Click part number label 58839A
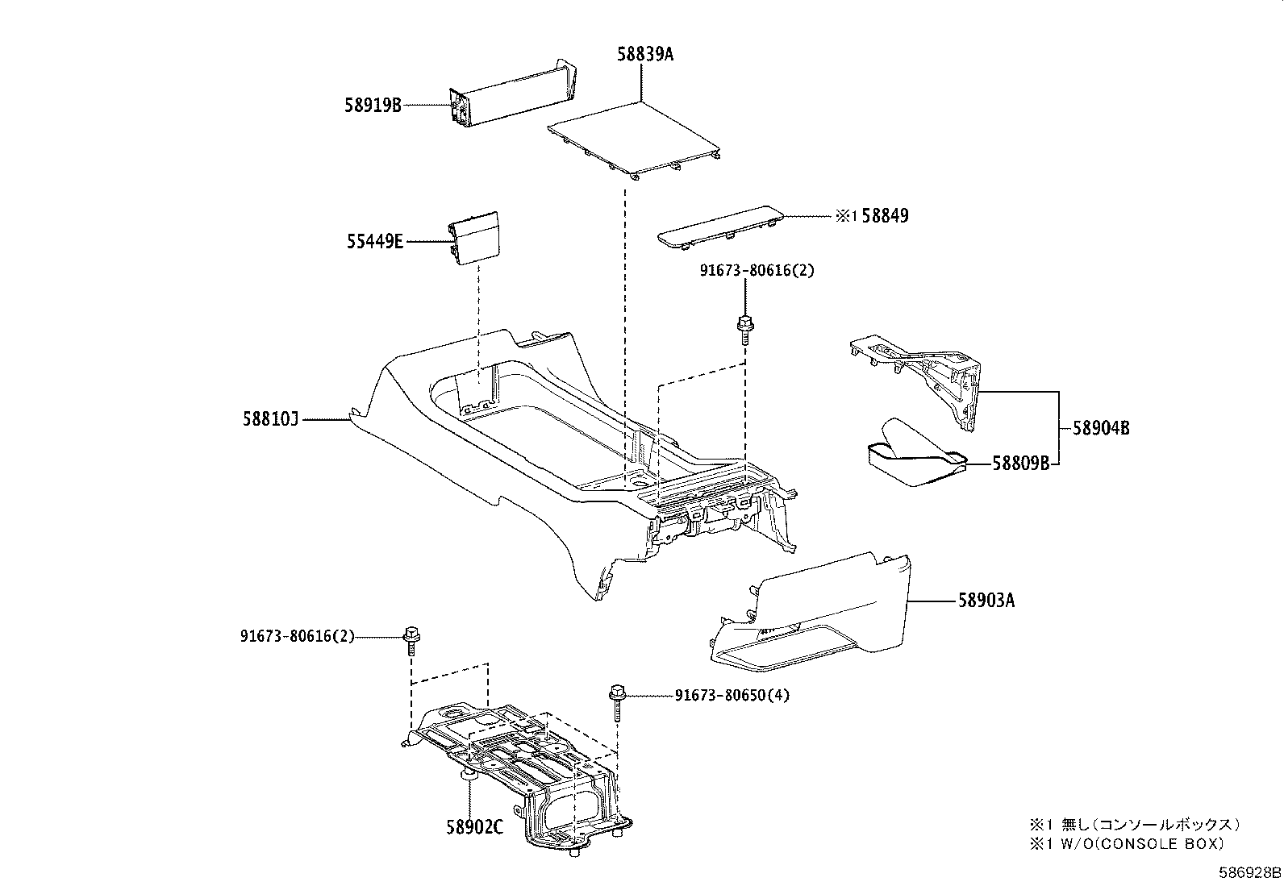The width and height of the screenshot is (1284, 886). click(x=644, y=55)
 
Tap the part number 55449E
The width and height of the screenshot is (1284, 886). click(x=375, y=240)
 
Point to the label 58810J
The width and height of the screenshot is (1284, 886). click(x=270, y=418)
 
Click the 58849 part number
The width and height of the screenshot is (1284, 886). click(x=885, y=216)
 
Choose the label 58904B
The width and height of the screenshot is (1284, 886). click(x=1101, y=429)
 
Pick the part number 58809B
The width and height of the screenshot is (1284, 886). click(x=1020, y=464)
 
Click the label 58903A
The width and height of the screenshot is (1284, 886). click(x=986, y=601)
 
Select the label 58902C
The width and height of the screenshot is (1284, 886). click(x=475, y=827)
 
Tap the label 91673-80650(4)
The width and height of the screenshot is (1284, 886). click(x=732, y=695)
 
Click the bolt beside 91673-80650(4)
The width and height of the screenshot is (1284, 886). click(x=618, y=701)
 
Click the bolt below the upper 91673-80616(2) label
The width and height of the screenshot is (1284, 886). click(x=744, y=329)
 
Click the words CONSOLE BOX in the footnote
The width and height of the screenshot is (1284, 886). click(x=1161, y=843)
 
